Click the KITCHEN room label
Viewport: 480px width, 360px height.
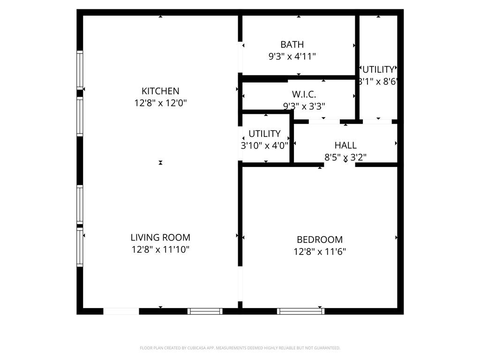tap(160, 91)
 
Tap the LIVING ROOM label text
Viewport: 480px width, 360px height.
tap(160, 238)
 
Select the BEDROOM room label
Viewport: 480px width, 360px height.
tap(320, 240)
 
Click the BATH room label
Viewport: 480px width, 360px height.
tap(292, 45)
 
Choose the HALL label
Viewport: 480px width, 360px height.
tap(345, 145)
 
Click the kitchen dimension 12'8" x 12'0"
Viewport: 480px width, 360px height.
tap(160, 103)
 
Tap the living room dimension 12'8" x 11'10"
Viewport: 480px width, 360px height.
tap(160, 250)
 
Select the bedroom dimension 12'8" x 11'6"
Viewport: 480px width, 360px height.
tap(320, 252)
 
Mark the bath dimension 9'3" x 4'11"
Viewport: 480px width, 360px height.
tap(292, 57)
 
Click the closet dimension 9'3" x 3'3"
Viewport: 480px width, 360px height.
tap(304, 106)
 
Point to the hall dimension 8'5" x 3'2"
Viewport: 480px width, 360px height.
tap(345, 157)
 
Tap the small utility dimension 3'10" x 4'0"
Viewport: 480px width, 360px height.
tap(264, 146)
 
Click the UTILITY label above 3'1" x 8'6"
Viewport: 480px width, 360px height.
tap(378, 70)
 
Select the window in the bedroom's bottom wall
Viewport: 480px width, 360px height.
tap(300, 311)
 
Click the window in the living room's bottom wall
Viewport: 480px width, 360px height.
tap(205, 311)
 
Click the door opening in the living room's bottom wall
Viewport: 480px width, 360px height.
tap(121, 311)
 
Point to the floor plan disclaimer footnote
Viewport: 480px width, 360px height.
tap(240, 348)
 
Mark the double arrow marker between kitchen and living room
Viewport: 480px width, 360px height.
tap(160, 163)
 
